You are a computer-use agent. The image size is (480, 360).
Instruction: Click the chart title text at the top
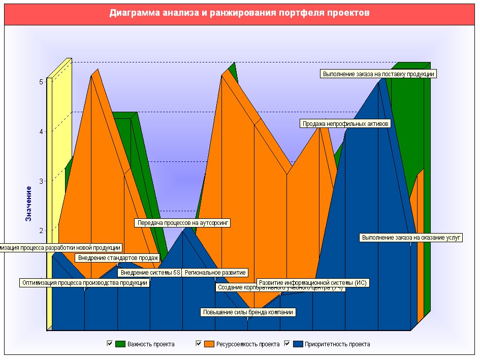[x=239, y=13]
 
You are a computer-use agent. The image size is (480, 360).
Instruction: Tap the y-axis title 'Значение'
[x=29, y=203]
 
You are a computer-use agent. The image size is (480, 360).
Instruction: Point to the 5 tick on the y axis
[x=41, y=82]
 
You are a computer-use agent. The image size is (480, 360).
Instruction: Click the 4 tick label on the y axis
[x=41, y=132]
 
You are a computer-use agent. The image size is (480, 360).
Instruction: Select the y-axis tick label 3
[x=41, y=181]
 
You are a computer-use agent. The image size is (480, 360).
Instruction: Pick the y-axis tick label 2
[x=41, y=231]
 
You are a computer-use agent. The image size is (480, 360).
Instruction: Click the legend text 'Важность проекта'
[x=151, y=344]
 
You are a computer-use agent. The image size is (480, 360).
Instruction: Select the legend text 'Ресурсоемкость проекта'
[x=248, y=344]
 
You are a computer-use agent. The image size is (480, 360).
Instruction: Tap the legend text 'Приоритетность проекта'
[x=337, y=344]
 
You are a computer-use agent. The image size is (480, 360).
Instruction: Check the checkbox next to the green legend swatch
[x=109, y=344]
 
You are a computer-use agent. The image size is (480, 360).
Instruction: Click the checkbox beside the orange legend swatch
[x=199, y=344]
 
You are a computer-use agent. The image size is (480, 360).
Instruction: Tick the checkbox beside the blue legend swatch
[x=287, y=344]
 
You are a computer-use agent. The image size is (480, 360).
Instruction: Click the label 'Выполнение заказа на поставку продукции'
[x=379, y=74]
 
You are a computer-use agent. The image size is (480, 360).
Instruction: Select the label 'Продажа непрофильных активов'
[x=345, y=123]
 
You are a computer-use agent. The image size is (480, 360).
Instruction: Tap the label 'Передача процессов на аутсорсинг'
[x=183, y=222]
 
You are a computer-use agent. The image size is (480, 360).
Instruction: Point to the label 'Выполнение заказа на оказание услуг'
[x=411, y=237]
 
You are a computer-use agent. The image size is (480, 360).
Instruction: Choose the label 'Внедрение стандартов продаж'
[x=117, y=258]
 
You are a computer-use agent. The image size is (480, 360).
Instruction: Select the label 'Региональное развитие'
[x=215, y=273]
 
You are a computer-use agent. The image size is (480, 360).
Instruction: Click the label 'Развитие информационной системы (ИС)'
[x=312, y=283]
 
